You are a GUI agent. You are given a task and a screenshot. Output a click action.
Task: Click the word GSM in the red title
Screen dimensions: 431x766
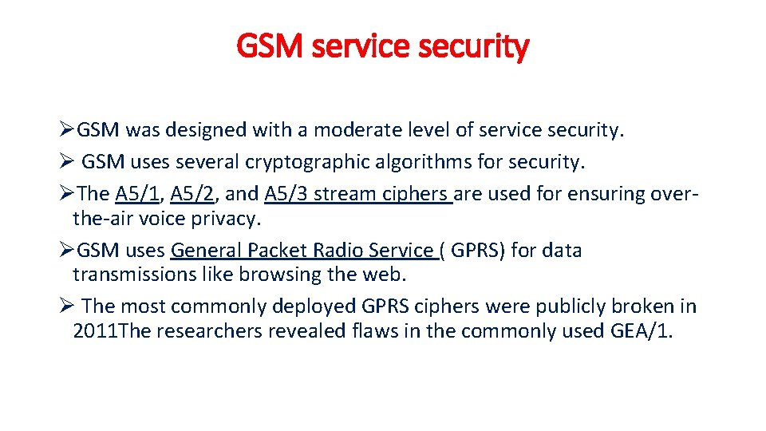[x=271, y=47]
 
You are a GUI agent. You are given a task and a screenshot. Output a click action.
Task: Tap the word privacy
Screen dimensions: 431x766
[x=231, y=219]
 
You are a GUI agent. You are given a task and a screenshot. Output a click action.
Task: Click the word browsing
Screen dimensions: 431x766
[x=259, y=275]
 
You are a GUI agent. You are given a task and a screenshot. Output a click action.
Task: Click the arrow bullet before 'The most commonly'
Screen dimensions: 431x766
[x=67, y=306]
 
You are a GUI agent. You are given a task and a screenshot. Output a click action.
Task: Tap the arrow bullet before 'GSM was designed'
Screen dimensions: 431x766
[x=67, y=131]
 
